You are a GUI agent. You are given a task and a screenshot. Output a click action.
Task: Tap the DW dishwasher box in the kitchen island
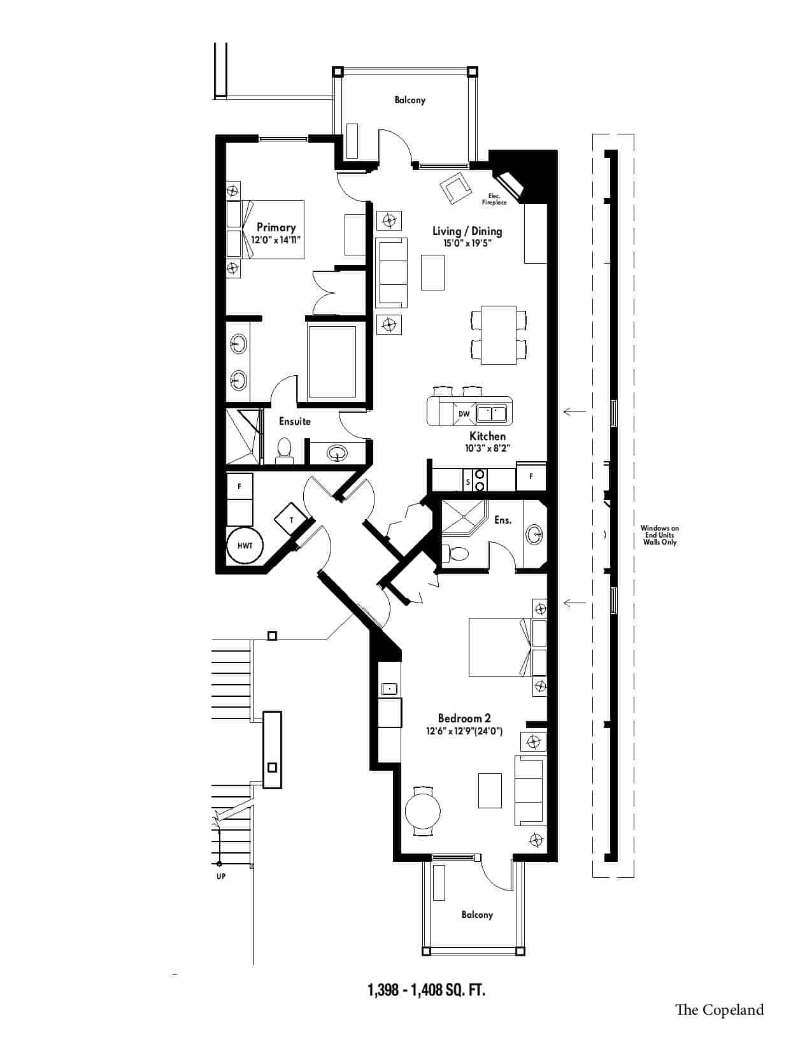pos(464,413)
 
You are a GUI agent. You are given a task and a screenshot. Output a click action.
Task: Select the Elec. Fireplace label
pos(494,199)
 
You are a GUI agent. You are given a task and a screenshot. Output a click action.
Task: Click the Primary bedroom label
pos(276,227)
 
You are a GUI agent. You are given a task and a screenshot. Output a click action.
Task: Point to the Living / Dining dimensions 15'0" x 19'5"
pos(467,243)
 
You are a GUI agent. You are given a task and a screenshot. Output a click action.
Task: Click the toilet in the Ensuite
pos(283,448)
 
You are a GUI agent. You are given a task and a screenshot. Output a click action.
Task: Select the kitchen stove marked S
pos(474,480)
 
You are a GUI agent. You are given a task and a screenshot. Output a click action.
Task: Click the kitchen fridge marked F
pos(531,476)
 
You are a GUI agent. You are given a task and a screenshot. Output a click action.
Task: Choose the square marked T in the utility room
pos(291,520)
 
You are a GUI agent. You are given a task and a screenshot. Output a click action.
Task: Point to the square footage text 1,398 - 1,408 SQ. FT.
pos(426,990)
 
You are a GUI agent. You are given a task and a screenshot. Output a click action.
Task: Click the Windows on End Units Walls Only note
pos(659,535)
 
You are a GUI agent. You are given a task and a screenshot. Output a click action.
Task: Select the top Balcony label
pos(410,100)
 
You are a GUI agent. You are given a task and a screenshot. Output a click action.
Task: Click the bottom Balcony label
pos(477,914)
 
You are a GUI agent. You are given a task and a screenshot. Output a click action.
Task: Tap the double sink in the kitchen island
pos(492,413)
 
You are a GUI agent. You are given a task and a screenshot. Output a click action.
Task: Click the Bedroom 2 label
pos(464,718)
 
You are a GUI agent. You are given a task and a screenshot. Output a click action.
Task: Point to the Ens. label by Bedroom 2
pos(502,520)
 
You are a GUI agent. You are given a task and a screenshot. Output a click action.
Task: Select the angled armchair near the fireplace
pos(455,188)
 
